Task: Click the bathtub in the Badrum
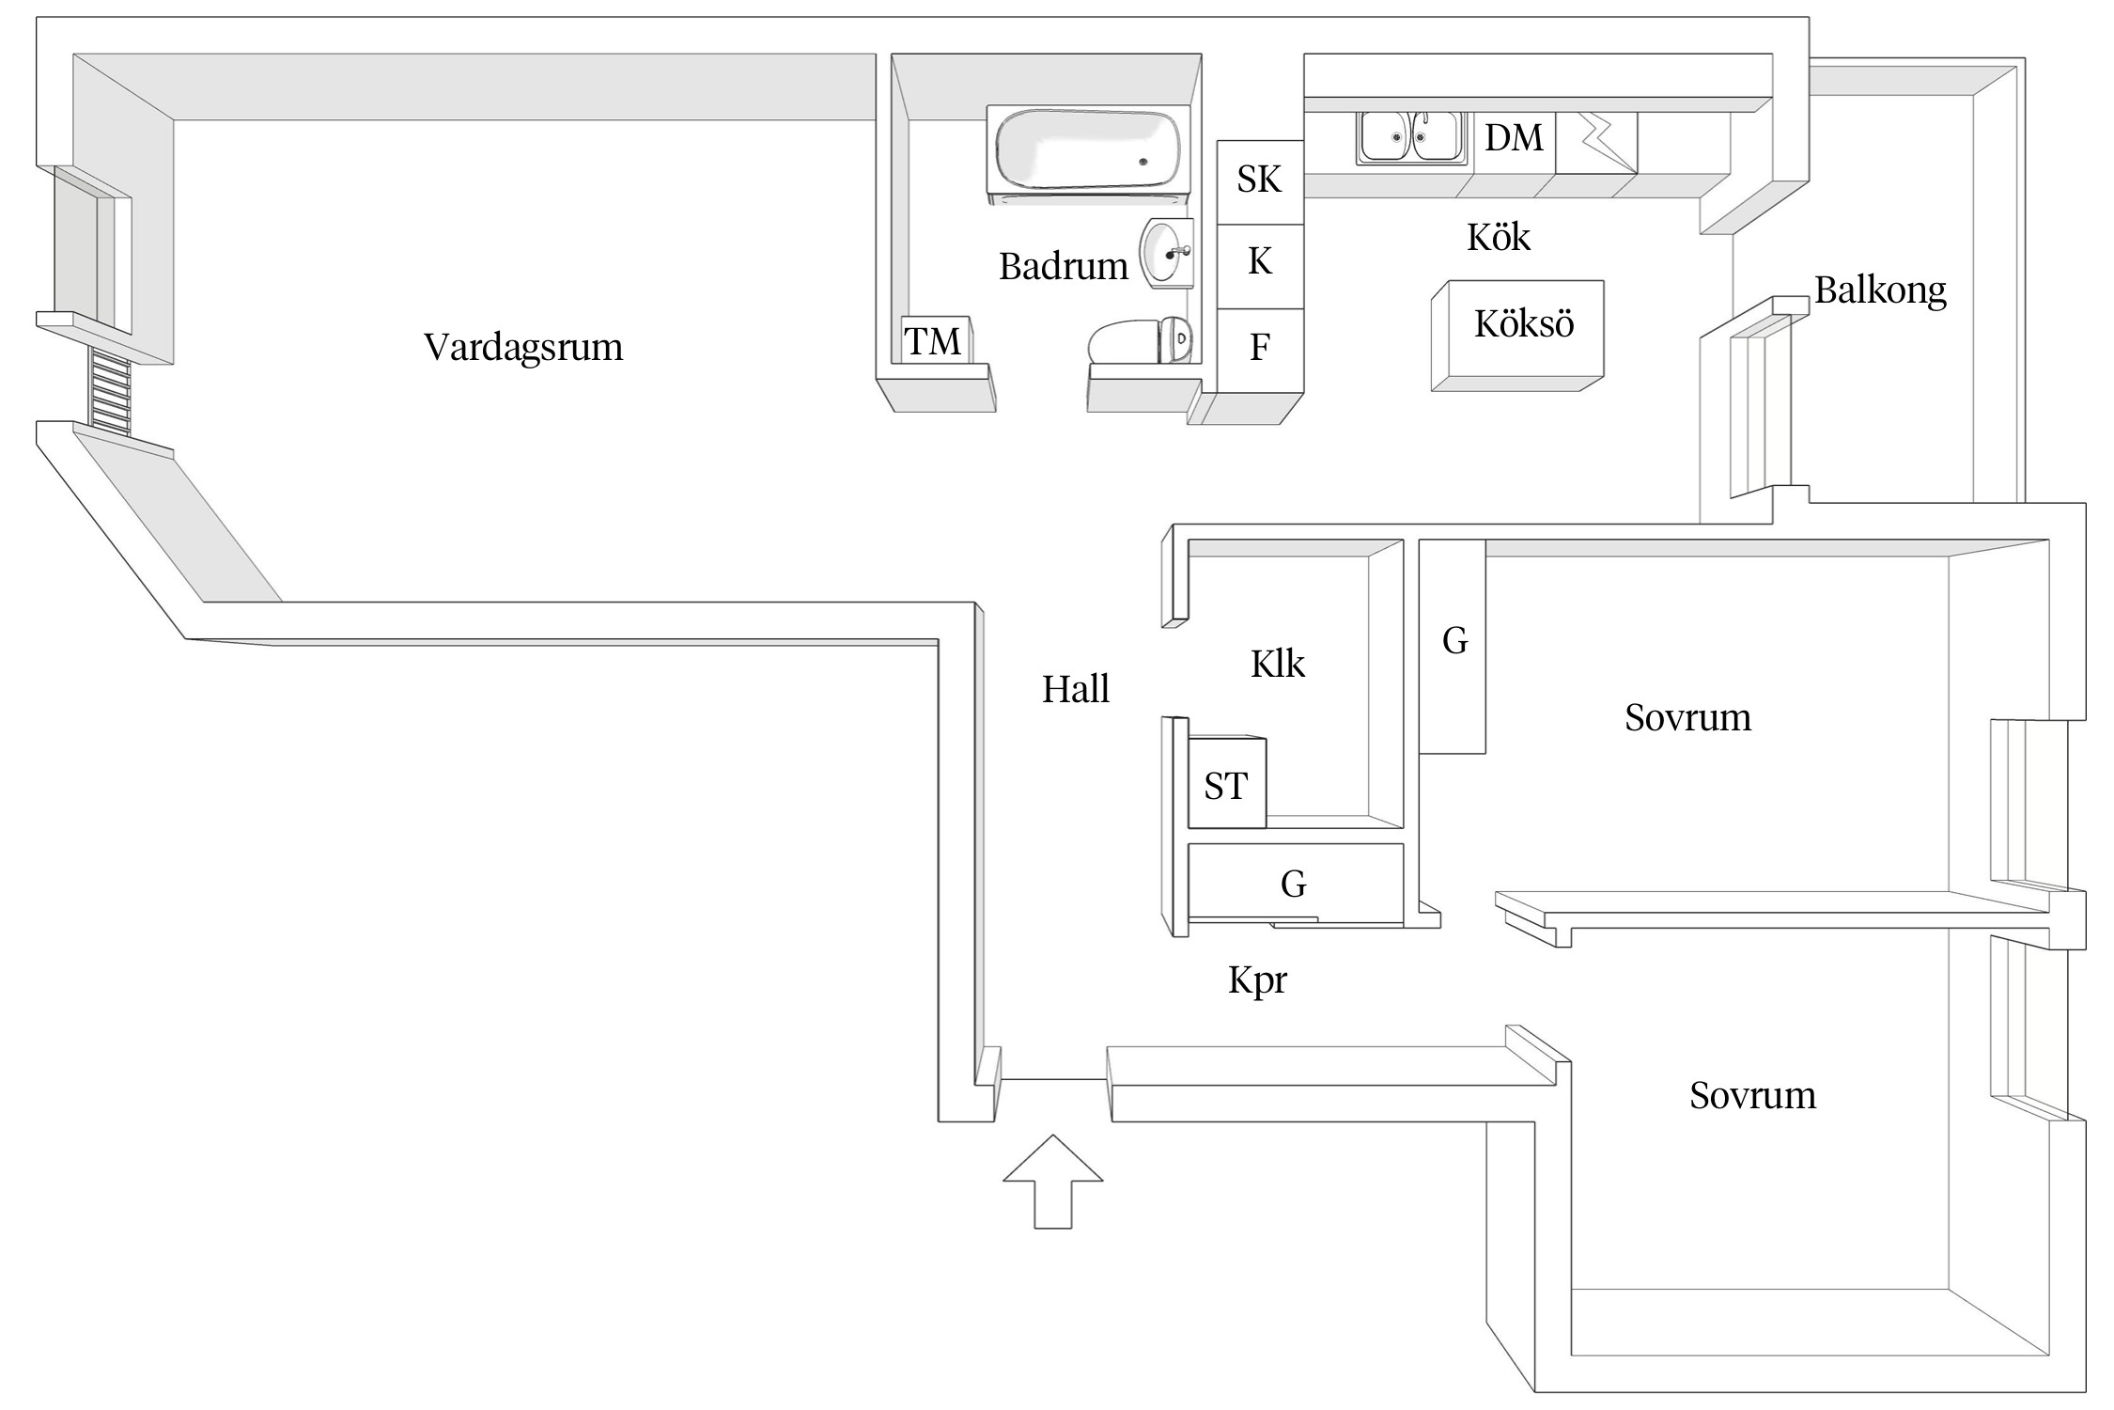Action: point(1088,153)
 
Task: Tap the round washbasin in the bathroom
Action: point(1167,252)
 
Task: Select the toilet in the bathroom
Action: point(1140,341)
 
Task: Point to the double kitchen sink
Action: point(1408,138)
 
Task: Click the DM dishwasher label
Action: point(1514,138)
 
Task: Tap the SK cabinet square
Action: point(1259,180)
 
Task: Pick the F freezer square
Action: point(1259,349)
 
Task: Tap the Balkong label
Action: point(1879,290)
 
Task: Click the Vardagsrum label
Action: point(523,347)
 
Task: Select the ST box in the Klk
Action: point(1226,785)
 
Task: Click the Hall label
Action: point(1075,690)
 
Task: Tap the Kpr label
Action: point(1256,980)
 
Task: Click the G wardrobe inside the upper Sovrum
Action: point(1453,645)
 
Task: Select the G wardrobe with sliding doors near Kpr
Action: point(1294,883)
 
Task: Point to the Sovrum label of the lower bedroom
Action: point(1752,1096)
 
